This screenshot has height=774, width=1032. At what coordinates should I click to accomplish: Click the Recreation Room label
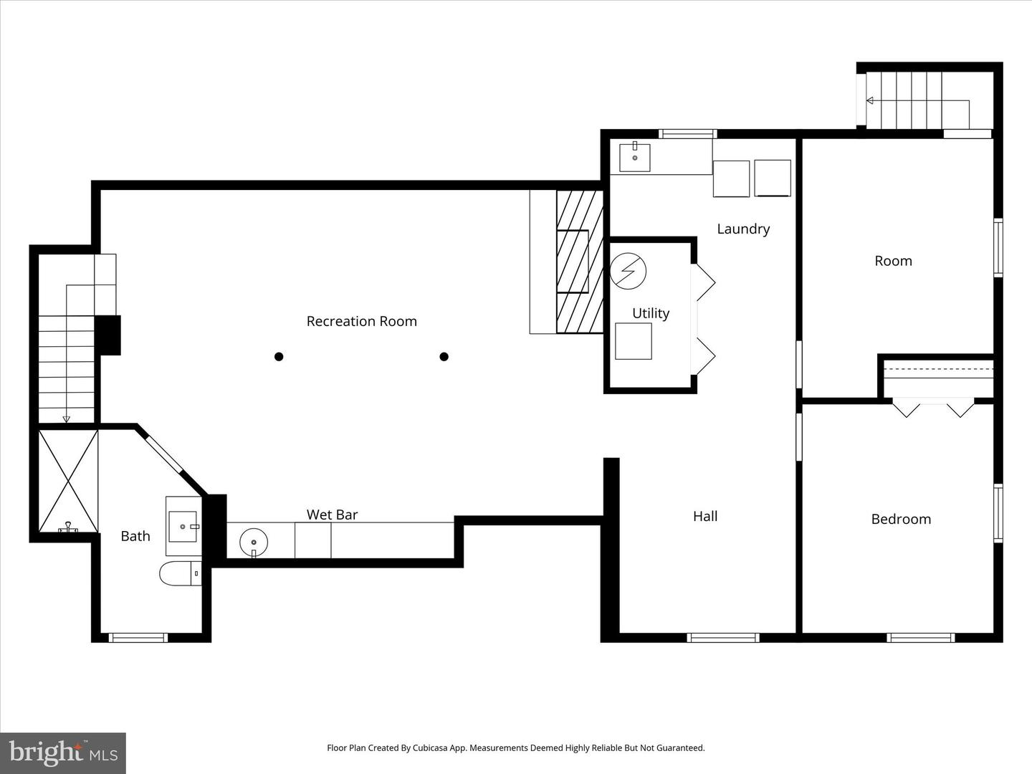point(361,321)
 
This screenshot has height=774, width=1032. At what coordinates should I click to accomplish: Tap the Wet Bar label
point(332,515)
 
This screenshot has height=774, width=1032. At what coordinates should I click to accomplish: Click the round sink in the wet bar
point(253,542)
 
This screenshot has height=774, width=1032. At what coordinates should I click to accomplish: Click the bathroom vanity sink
point(183,526)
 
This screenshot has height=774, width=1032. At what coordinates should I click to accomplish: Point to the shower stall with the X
point(68,481)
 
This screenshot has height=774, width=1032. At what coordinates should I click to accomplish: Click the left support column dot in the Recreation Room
point(279,356)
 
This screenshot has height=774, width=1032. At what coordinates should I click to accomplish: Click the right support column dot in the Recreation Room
point(444,356)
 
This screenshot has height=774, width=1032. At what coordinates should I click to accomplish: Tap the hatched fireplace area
point(579,262)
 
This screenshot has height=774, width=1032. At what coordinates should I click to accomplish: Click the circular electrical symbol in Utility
point(629,271)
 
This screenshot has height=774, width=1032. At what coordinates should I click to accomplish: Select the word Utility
point(651,313)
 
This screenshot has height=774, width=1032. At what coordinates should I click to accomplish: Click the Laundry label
point(743,229)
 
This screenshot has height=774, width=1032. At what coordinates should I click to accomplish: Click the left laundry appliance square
point(731,178)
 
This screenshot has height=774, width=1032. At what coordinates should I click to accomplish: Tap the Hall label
point(705,516)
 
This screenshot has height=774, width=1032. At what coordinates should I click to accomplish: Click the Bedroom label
point(901,519)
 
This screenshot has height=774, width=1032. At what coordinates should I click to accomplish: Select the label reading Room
point(893,261)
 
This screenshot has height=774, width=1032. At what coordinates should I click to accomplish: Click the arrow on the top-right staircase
point(870,101)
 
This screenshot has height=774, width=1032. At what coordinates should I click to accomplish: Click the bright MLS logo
point(63,752)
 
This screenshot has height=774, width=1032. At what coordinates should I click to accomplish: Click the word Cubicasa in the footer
point(434,747)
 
